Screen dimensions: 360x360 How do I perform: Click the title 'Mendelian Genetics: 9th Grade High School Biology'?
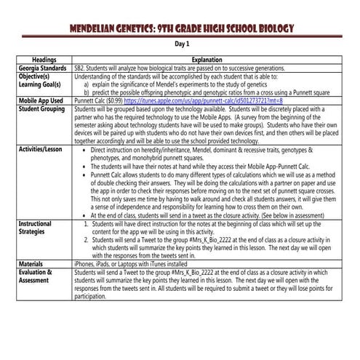click(x=180, y=29)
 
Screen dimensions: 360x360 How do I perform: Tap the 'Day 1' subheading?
click(x=180, y=44)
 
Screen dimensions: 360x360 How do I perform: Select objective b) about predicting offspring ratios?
click(x=204, y=92)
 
